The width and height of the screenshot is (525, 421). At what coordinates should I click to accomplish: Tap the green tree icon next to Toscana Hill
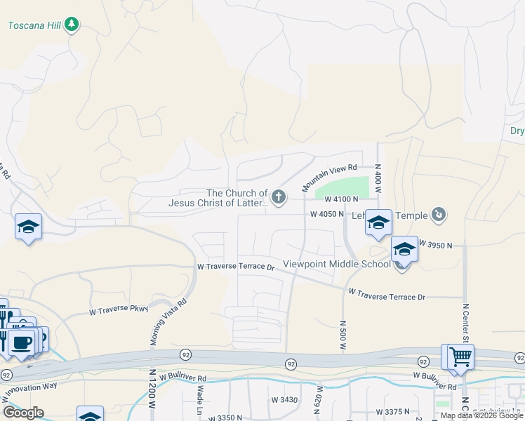click(x=71, y=25)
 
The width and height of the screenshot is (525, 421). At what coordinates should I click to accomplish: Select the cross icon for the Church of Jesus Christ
click(x=279, y=197)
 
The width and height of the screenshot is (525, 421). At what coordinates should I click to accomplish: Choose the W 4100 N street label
click(x=341, y=200)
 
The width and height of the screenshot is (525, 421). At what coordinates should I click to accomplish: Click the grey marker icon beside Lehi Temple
click(x=439, y=214)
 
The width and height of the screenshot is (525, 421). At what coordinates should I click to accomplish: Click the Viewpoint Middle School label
click(x=336, y=265)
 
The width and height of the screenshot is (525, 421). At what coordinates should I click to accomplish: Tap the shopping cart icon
click(x=461, y=356)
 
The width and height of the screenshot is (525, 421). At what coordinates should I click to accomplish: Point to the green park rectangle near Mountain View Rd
click(x=342, y=188)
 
